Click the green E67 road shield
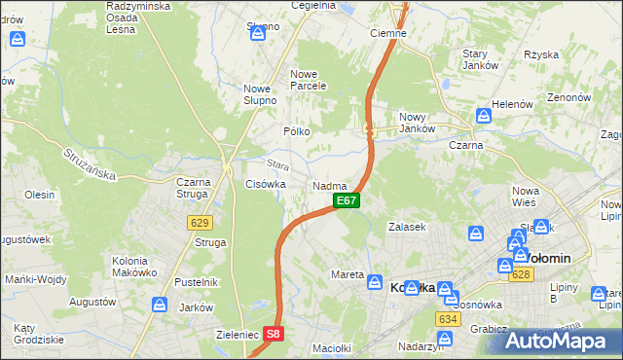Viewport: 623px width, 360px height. (x=348, y=200)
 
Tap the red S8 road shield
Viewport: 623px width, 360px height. (x=275, y=334)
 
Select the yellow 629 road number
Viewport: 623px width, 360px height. (x=201, y=223)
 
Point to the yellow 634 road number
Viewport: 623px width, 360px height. (x=448, y=318)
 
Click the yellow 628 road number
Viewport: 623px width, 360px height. (x=521, y=275)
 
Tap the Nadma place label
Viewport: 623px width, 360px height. (x=330, y=185)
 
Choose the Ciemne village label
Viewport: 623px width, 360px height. (x=388, y=32)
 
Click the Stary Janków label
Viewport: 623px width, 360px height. (x=480, y=58)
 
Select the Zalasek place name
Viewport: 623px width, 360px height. (x=408, y=226)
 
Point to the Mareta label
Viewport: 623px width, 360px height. (x=348, y=274)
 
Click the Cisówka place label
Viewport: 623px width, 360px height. (x=265, y=183)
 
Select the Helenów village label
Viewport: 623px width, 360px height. (x=515, y=104)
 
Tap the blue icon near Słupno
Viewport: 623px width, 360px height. (x=258, y=34)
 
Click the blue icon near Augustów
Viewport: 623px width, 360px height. (x=158, y=305)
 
